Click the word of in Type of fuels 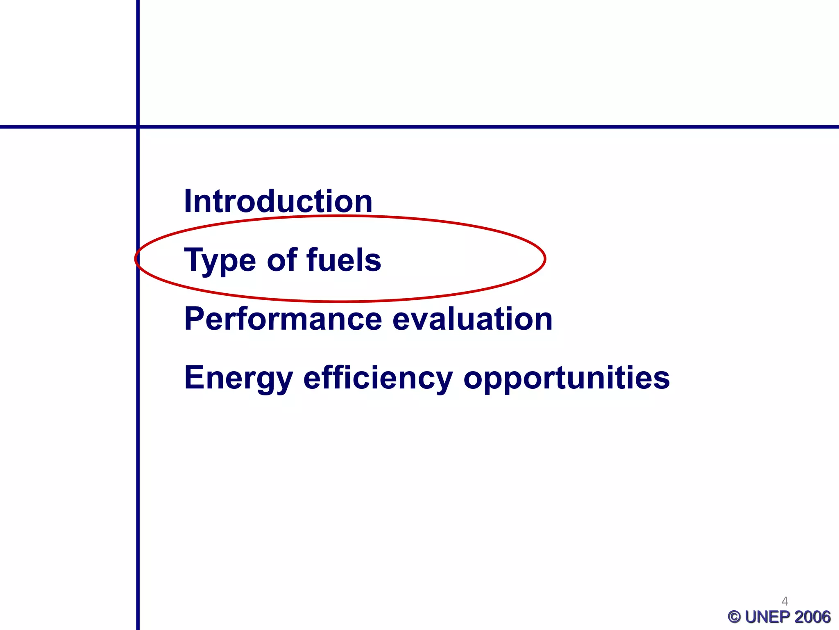[282, 260]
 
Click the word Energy [238, 378]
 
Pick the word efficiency [378, 378]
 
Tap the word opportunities [566, 378]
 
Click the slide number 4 [785, 601]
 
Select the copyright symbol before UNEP [735, 617]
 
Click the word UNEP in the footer [768, 617]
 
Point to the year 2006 [812, 617]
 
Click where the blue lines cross [138, 127]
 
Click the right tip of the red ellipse [545, 258]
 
